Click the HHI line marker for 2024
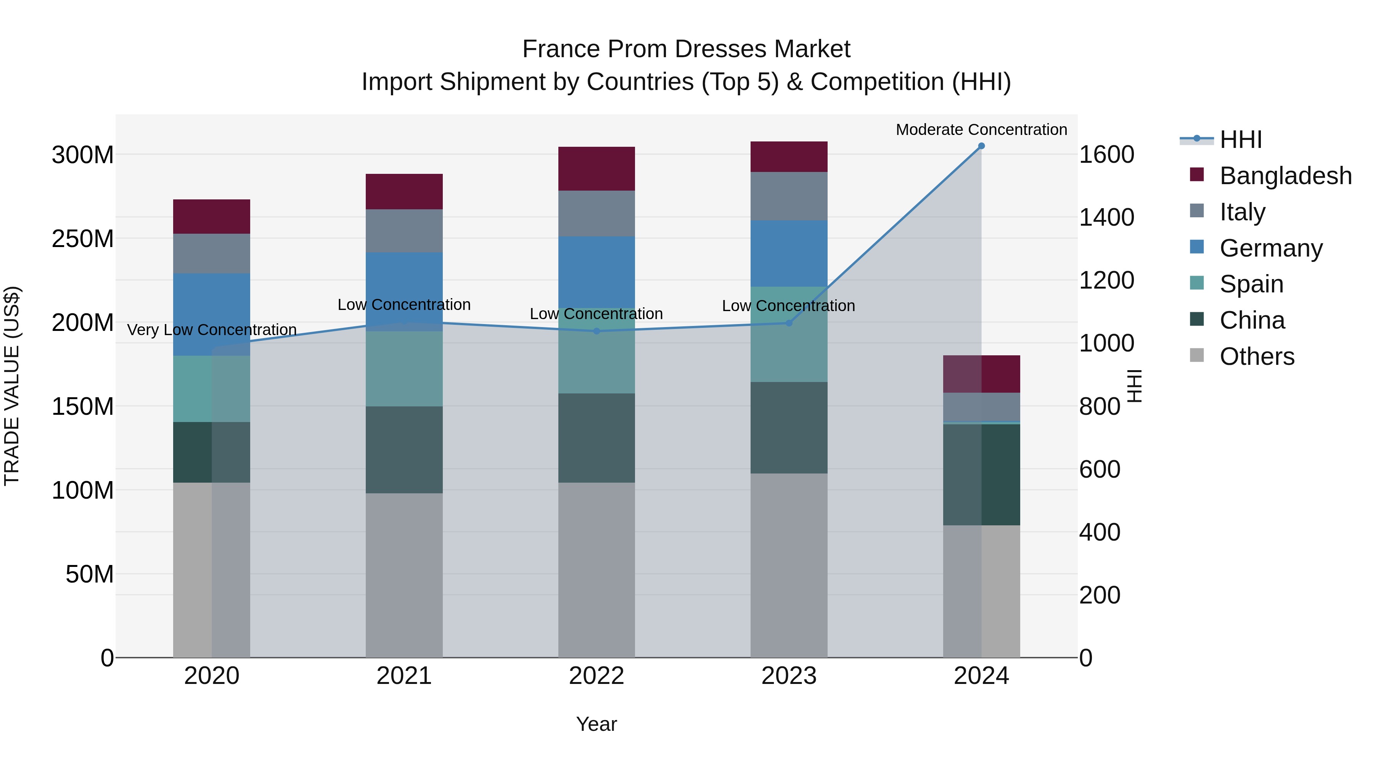[981, 146]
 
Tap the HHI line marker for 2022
[596, 331]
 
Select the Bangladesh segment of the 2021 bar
[404, 191]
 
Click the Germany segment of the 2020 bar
[212, 315]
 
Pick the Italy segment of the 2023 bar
[789, 196]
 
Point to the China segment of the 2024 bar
[981, 474]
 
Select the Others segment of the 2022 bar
[596, 570]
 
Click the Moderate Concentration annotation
[981, 130]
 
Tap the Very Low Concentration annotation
[212, 330]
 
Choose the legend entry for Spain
[1251, 284]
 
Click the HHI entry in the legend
[1240, 140]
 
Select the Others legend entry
[1256, 356]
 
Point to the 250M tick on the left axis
[83, 239]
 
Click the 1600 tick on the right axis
[1106, 155]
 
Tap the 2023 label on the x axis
[789, 676]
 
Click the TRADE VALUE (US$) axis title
[12, 386]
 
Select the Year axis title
[596, 724]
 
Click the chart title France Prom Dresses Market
[686, 49]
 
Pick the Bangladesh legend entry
[1285, 176]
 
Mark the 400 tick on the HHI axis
[1100, 532]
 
